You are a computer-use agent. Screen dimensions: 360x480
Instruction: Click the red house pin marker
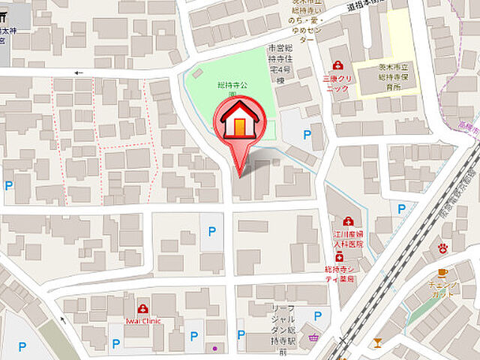239,124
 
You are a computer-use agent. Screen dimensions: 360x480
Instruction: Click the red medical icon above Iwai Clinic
142,309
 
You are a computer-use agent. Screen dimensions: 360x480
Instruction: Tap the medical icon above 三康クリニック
338,65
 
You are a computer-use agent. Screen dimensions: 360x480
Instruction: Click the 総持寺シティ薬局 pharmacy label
346,273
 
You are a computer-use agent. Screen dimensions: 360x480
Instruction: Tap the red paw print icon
443,247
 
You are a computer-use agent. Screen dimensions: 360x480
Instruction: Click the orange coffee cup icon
442,272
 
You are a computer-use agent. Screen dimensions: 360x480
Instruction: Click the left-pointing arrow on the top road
77,73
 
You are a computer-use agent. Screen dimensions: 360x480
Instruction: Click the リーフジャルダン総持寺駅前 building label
283,329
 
